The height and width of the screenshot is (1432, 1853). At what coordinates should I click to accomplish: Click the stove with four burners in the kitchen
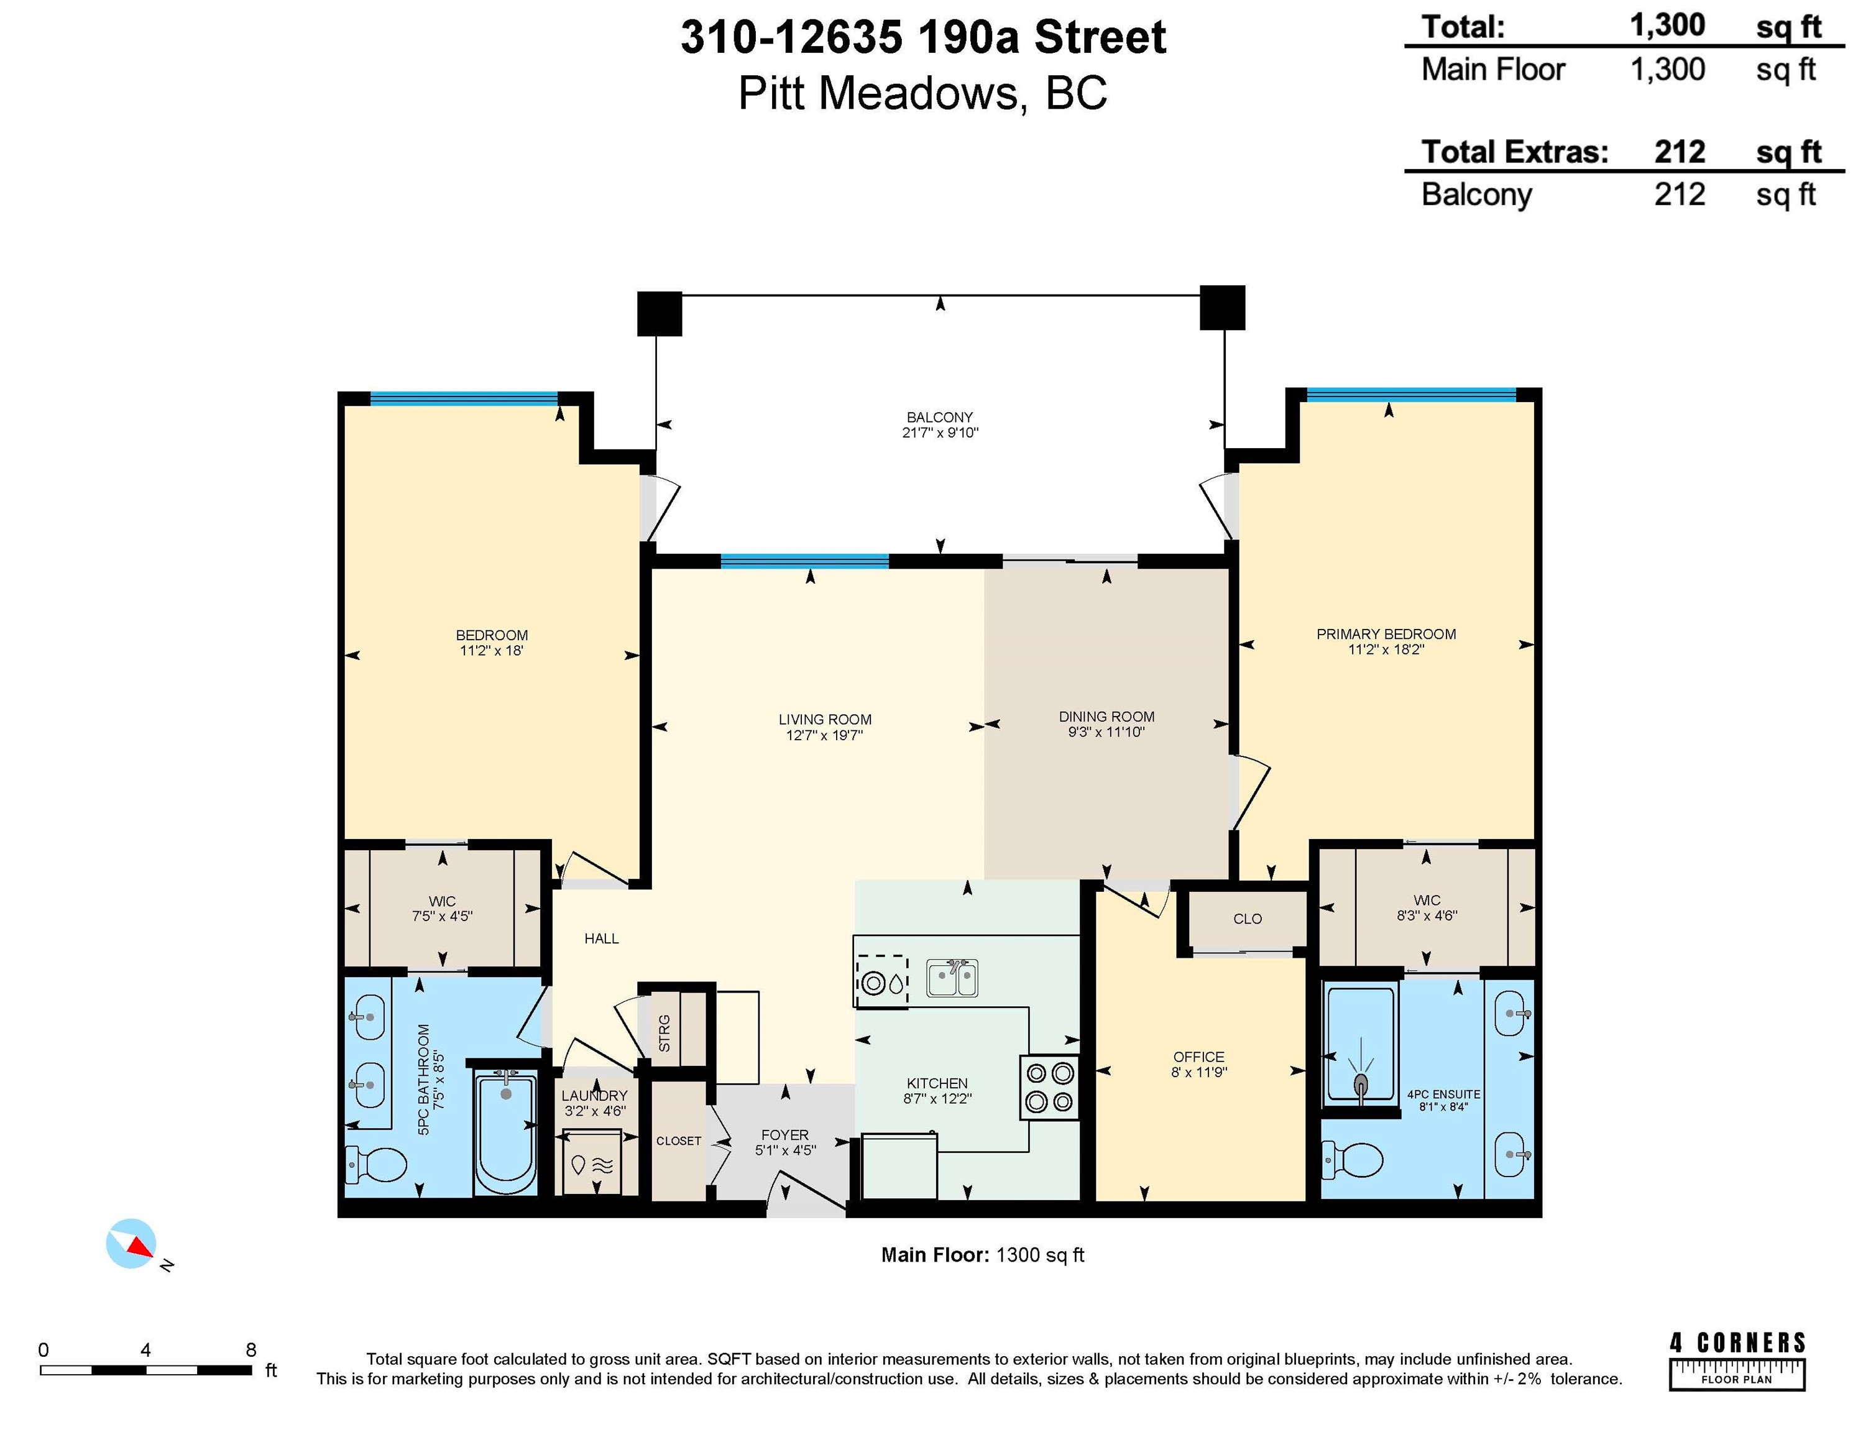tap(1049, 1088)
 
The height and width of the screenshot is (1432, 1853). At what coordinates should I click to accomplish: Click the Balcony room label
tap(939, 418)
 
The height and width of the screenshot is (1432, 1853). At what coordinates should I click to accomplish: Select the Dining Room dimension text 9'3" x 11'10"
tap(1106, 732)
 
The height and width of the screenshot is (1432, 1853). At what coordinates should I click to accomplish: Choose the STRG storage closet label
tap(664, 1032)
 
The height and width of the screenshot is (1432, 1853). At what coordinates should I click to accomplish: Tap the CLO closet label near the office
tap(1247, 919)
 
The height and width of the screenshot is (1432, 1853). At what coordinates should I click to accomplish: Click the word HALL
tap(602, 939)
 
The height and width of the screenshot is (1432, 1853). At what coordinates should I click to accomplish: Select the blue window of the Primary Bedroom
tap(1411, 395)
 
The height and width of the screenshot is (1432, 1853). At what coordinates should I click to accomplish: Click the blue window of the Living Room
tap(804, 561)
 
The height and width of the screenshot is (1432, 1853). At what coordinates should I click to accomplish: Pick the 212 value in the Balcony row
tap(1679, 195)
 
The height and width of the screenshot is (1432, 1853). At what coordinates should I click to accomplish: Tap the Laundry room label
tap(594, 1096)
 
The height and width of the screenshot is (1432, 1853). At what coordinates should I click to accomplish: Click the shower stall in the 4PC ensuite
tap(1360, 1044)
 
